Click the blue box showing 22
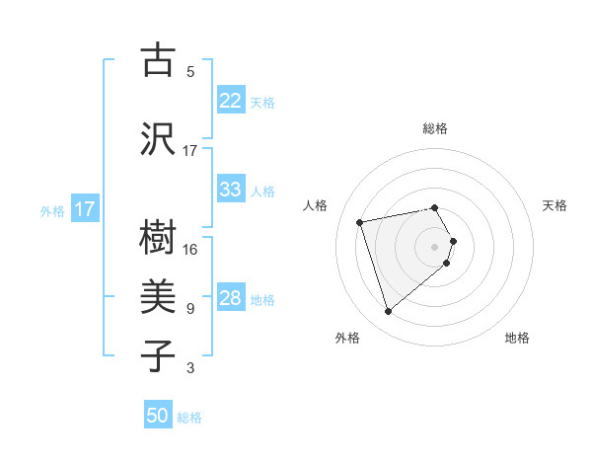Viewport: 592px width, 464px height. (231, 101)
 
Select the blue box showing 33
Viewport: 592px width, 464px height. (231, 190)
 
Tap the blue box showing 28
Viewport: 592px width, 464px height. (231, 298)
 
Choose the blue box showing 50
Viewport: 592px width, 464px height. (158, 416)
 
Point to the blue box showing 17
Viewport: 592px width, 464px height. (84, 209)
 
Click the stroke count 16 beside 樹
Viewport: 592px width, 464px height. (190, 250)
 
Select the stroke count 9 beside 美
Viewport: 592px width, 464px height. (190, 309)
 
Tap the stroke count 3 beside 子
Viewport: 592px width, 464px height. (190, 368)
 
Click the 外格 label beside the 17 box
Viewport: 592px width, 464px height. (52, 210)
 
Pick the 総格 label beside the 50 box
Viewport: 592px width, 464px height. (189, 418)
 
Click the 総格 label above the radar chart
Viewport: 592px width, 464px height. (435, 128)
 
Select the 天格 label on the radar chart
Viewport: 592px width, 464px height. (555, 205)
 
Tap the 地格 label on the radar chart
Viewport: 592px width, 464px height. (517, 338)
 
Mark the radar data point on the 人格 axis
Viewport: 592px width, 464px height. (360, 221)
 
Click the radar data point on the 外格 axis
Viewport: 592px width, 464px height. (388, 311)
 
